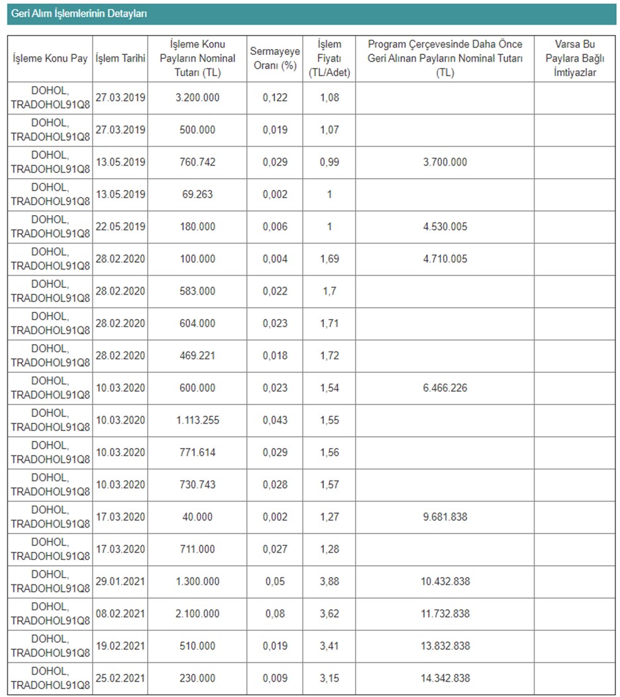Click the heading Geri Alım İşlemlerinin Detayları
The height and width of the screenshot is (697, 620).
click(79, 13)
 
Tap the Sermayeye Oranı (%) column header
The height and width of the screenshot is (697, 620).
click(275, 58)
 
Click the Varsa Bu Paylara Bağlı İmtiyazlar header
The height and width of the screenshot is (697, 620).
click(574, 58)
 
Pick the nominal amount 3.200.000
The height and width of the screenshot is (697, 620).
click(197, 98)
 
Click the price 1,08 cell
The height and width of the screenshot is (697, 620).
click(329, 98)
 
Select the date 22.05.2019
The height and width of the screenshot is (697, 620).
click(121, 227)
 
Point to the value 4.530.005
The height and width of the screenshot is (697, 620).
click(445, 227)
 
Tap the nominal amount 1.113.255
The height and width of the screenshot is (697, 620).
click(197, 420)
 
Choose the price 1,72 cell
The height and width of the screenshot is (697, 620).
click(329, 356)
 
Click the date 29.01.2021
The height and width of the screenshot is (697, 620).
click(121, 582)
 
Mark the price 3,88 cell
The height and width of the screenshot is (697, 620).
click(329, 582)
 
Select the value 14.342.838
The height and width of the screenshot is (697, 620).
click(445, 678)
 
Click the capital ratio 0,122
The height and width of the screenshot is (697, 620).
click(275, 98)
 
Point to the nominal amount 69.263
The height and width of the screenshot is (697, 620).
click(197, 195)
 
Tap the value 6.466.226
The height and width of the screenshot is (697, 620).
click(445, 388)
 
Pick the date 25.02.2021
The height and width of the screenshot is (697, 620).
click(121, 678)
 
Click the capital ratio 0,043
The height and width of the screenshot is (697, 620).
click(275, 420)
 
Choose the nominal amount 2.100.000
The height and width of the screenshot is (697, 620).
click(197, 614)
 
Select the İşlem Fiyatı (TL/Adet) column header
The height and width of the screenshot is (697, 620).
click(329, 58)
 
